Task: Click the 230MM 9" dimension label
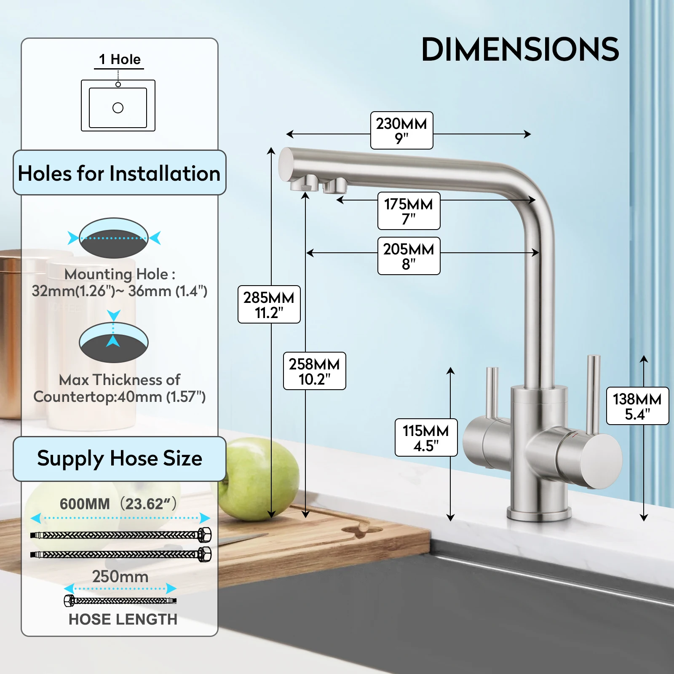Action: pyautogui.click(x=401, y=131)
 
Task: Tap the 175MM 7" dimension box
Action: pyautogui.click(x=409, y=211)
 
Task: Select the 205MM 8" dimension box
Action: pyautogui.click(x=409, y=256)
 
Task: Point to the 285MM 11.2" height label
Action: pyautogui.click(x=269, y=305)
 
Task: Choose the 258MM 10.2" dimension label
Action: pyautogui.click(x=314, y=371)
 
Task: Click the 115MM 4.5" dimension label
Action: pyautogui.click(x=426, y=438)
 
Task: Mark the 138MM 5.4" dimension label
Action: pyautogui.click(x=637, y=406)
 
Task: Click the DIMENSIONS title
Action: pyautogui.click(x=520, y=50)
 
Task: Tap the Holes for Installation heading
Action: pyautogui.click(x=119, y=173)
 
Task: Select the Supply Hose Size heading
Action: pyautogui.click(x=120, y=458)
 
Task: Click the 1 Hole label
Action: pyautogui.click(x=120, y=59)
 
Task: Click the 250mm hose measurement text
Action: pyautogui.click(x=120, y=576)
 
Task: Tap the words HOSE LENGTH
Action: pyautogui.click(x=123, y=619)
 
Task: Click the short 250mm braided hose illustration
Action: pyautogui.click(x=120, y=600)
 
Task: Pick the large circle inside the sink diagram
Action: pyautogui.click(x=118, y=108)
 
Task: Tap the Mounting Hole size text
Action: pyautogui.click(x=120, y=283)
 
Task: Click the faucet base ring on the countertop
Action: pyautogui.click(x=539, y=514)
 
